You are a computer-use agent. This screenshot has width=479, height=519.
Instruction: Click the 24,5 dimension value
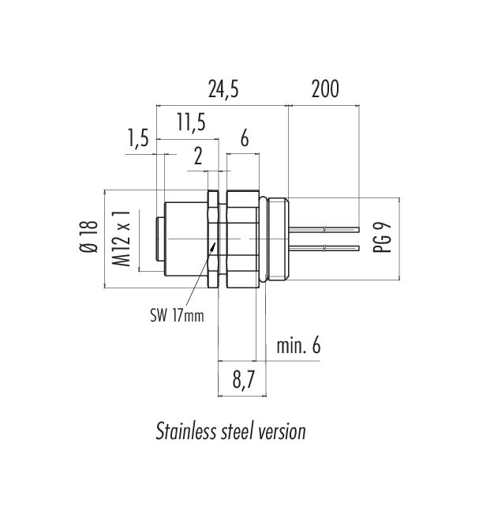223,89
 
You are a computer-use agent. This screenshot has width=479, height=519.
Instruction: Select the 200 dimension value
324,89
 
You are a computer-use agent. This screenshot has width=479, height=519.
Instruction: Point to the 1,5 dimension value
137,140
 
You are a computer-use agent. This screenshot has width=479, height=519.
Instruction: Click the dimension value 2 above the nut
197,156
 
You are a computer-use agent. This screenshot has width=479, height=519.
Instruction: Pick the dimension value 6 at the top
244,140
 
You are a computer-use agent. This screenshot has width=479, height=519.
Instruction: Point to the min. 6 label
298,345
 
